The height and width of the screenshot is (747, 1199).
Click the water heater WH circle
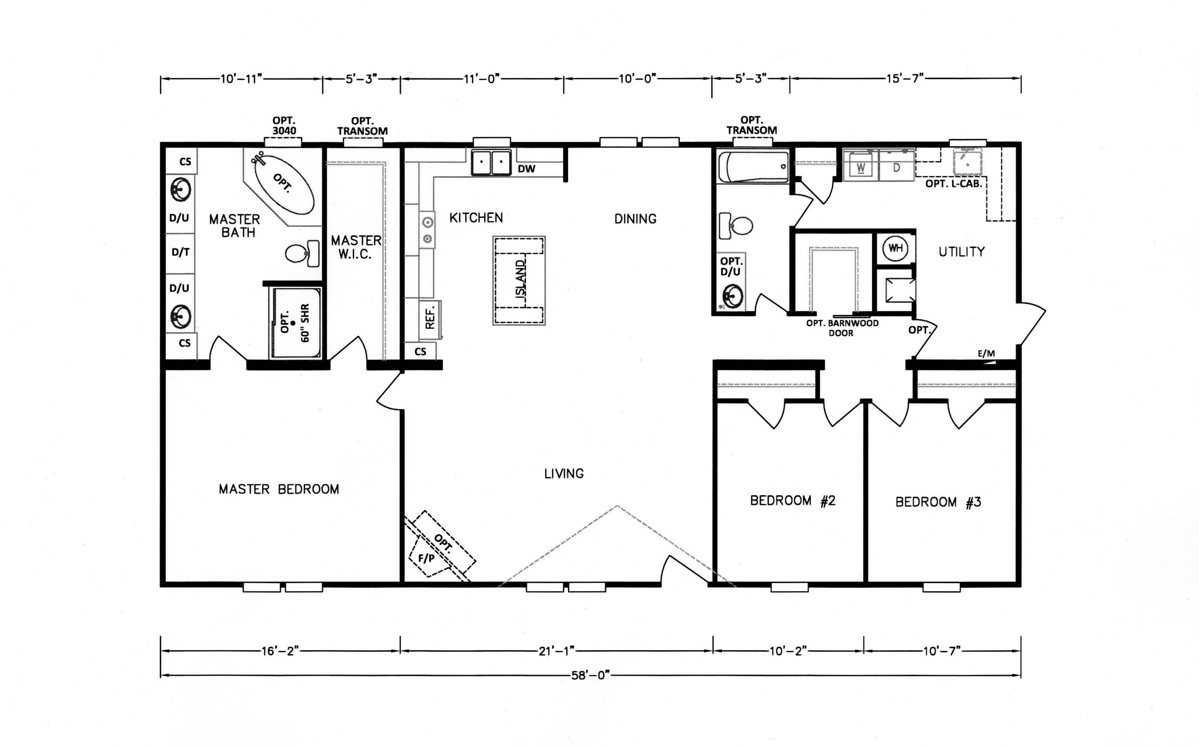tap(896, 249)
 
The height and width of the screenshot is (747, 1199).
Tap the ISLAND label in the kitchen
tap(521, 279)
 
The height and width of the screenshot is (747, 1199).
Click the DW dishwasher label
tap(526, 168)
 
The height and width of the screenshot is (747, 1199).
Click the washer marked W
tap(861, 168)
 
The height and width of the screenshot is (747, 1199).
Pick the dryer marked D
tap(896, 168)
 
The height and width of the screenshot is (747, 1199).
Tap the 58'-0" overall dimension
tap(591, 675)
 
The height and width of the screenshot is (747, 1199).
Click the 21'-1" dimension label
tap(556, 651)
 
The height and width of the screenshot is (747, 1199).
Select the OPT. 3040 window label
tap(284, 125)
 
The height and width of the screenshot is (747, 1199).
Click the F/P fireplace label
tap(427, 558)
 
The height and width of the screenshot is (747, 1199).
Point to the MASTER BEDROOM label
tap(279, 489)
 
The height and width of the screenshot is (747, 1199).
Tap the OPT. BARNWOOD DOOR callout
tap(842, 328)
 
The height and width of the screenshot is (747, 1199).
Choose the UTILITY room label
tap(961, 252)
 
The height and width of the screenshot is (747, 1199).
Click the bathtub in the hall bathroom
tap(753, 167)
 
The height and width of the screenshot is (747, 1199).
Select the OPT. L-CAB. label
tap(954, 184)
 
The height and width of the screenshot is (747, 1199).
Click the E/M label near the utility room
tap(986, 354)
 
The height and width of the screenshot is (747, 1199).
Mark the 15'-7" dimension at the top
tap(905, 79)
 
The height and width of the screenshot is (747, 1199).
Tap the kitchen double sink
tap(490, 162)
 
